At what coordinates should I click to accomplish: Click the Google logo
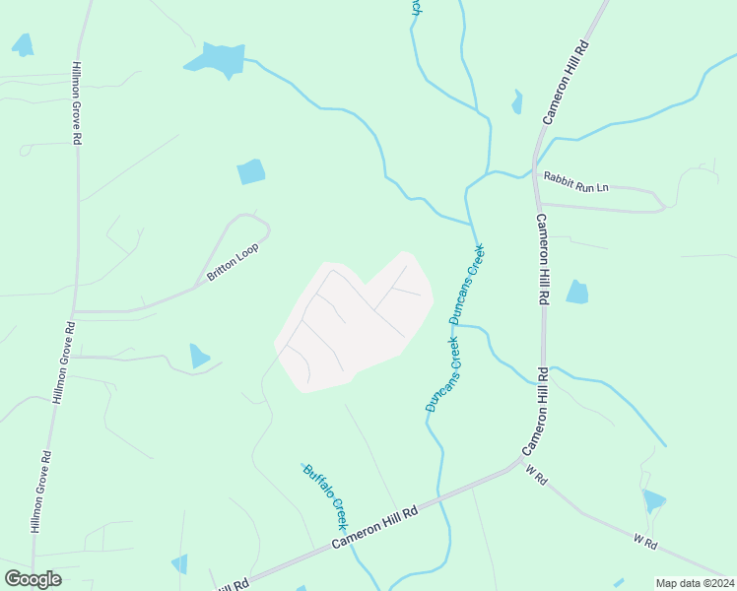[x=33, y=578]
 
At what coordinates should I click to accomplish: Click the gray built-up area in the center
[x=355, y=320]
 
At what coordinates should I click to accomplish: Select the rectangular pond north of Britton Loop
[x=251, y=171]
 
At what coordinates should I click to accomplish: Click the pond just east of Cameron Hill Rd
[x=577, y=292]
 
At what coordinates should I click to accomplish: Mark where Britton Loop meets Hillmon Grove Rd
[x=74, y=311]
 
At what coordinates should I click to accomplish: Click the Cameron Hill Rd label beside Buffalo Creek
[x=374, y=526]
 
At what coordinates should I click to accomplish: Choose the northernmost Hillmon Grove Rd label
[x=76, y=104]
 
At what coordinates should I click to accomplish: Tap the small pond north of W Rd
[x=653, y=500]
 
